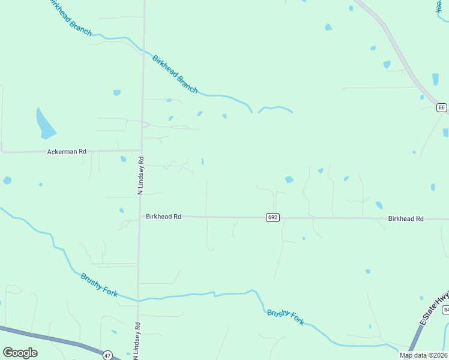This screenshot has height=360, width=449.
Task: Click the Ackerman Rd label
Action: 67,152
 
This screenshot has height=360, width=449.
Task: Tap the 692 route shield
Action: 273,217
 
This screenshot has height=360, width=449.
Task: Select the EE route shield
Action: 442,107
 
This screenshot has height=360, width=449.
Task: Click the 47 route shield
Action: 107,355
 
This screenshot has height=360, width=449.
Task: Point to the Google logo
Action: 20,353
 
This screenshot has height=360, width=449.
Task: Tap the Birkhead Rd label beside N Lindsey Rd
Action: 163,217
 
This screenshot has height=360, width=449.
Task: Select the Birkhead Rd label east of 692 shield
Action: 406,219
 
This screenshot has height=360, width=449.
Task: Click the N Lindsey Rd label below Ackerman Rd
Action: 141,176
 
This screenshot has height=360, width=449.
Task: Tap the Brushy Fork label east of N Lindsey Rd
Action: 286,317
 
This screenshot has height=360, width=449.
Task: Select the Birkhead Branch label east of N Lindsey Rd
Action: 175,74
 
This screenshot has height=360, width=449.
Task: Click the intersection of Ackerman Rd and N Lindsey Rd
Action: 142,151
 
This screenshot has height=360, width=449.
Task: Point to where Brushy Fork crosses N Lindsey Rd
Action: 138,300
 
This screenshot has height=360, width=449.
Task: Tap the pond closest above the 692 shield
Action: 289,179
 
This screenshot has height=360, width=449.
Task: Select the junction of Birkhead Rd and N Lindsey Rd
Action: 140,217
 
